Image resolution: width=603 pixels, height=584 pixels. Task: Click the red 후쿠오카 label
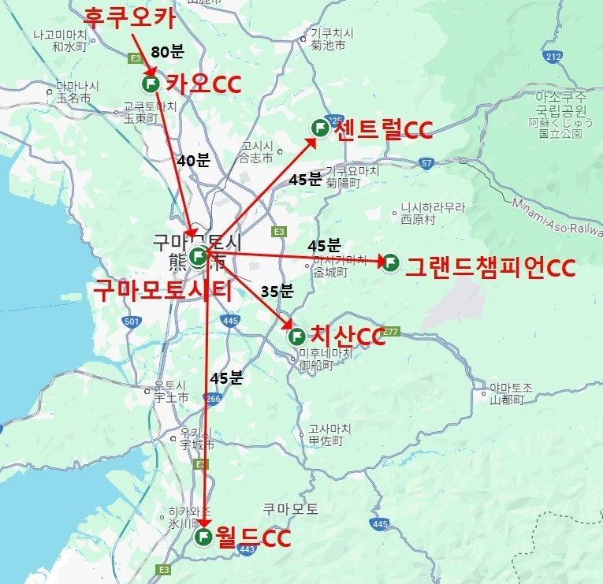click(x=129, y=16)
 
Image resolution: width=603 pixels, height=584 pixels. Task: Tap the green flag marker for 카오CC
click(x=150, y=83)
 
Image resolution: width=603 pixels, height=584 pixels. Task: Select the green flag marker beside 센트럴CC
click(x=320, y=128)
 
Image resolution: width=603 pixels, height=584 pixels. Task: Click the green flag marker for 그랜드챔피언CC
click(x=389, y=262)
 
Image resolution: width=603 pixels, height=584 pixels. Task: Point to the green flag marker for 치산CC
click(x=296, y=337)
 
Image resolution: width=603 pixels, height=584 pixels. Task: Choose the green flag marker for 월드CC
click(x=203, y=538)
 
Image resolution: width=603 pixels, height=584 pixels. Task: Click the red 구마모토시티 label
click(x=163, y=291)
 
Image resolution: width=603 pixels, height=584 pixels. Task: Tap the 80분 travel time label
click(x=167, y=53)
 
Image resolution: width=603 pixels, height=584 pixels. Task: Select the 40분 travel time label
click(x=193, y=160)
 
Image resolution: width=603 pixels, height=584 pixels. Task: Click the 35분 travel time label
click(x=277, y=291)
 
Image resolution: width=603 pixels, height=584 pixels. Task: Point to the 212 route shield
click(x=553, y=56)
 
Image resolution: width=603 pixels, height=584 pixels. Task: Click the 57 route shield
click(x=426, y=163)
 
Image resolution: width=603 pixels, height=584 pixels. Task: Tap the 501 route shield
click(x=132, y=321)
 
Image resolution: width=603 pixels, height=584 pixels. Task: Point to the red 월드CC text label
click(x=254, y=539)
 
